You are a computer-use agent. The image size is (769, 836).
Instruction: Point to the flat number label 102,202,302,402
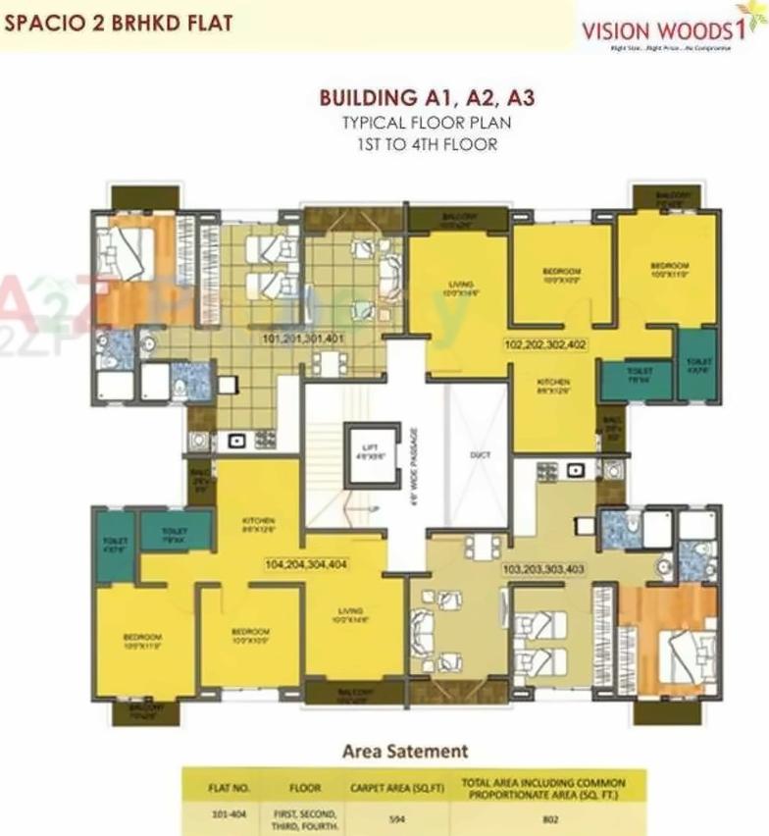545,345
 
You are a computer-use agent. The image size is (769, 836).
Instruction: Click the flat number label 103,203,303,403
542,568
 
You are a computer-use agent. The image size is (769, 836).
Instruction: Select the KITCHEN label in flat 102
553,387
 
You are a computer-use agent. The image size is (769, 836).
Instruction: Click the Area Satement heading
404,752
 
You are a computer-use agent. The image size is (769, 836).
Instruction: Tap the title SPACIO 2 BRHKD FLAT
119,22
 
